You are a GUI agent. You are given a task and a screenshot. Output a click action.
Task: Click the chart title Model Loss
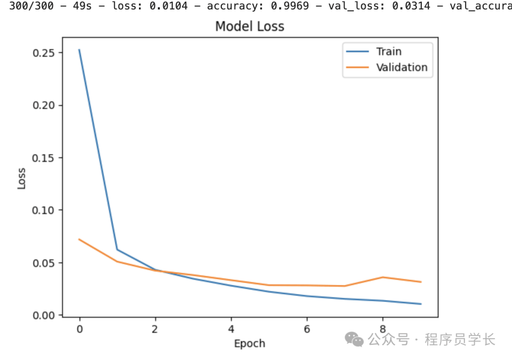(x=249, y=26)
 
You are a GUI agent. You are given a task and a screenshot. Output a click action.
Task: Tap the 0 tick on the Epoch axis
(x=79, y=328)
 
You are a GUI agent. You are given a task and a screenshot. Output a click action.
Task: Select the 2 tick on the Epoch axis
(x=155, y=328)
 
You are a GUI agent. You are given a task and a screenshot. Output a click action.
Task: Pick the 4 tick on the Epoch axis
(x=231, y=328)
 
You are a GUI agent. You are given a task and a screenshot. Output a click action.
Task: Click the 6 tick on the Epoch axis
(x=307, y=328)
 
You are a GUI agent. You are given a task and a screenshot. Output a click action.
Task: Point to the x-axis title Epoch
(x=249, y=343)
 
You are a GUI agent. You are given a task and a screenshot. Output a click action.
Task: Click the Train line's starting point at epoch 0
(x=79, y=49)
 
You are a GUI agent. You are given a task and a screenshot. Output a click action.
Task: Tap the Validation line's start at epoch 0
(x=79, y=239)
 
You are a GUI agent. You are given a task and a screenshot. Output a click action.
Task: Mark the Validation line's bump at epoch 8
(x=383, y=277)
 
